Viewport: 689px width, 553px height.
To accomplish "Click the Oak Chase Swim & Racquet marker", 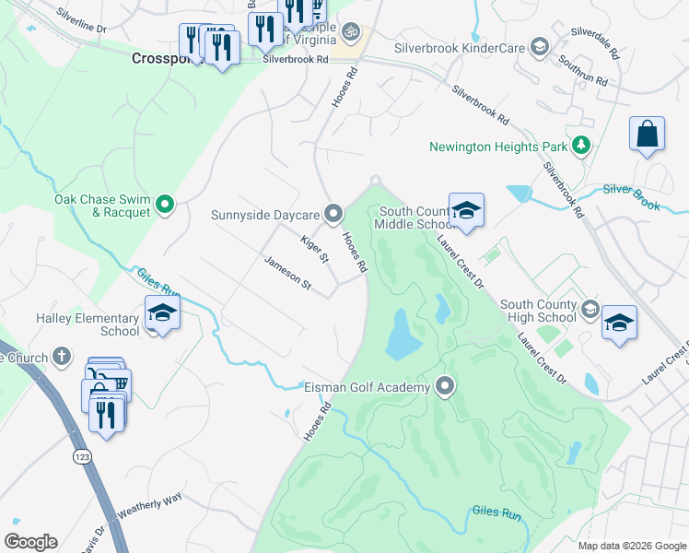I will tap(165, 204).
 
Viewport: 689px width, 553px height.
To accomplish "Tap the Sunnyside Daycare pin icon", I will tap(334, 216).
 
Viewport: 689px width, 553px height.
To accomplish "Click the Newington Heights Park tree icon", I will tap(580, 146).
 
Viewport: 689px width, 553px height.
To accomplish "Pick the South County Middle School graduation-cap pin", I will tap(466, 211).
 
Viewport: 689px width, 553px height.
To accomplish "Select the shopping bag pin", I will tap(647, 134).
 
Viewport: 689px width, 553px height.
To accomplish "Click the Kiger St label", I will tap(314, 248).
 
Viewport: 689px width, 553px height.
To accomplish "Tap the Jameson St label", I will tap(287, 274).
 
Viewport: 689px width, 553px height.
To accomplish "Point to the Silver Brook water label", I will tap(632, 196).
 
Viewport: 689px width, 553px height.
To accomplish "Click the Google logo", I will tap(31, 542).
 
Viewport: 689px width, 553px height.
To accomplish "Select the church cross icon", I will tap(62, 356).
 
